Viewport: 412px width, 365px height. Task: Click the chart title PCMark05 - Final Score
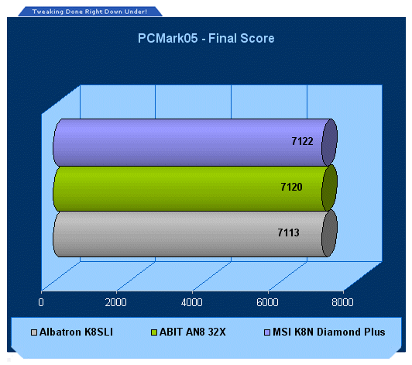tap(206, 39)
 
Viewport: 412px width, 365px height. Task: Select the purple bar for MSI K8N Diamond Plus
tap(195, 143)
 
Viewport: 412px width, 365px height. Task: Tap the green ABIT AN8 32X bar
tap(195, 188)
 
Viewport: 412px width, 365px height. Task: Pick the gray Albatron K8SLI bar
tap(195, 233)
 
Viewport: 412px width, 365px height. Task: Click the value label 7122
tap(302, 142)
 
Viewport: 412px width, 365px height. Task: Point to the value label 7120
tap(291, 187)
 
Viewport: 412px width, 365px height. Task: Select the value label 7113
tap(289, 232)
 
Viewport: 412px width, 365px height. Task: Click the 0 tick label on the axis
tap(41, 302)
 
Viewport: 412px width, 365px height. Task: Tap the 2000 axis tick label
tap(115, 302)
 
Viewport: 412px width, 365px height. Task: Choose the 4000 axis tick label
tap(191, 302)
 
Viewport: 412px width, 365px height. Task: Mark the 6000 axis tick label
tap(267, 302)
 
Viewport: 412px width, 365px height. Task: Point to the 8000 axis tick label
tap(342, 302)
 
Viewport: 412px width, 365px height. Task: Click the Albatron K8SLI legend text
tap(76, 332)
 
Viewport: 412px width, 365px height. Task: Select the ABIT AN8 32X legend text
tap(193, 332)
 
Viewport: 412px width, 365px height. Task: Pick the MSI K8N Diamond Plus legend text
tap(329, 332)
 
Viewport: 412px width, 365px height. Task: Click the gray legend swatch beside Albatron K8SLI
tap(34, 332)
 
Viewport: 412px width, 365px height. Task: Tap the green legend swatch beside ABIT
tap(154, 332)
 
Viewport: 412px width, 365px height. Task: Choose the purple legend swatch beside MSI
tap(267, 332)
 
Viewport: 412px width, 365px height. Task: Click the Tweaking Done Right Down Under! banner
tap(90, 12)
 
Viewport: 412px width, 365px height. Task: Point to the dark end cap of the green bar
tap(329, 188)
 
